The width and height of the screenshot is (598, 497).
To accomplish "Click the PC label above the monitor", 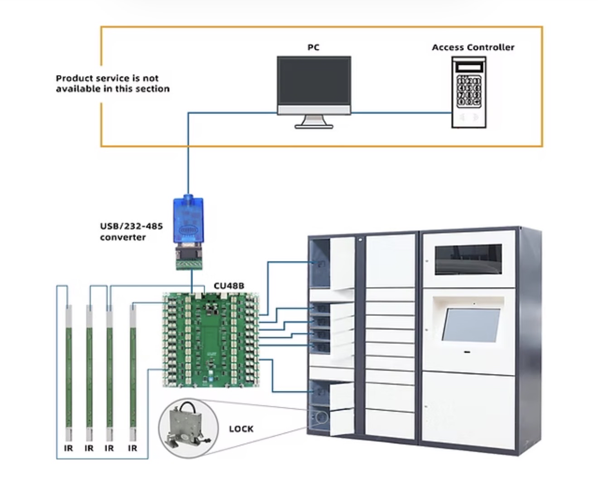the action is point(313,47).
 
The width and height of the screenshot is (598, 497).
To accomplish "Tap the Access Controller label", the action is point(473,47).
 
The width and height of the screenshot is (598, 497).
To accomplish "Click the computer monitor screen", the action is point(314,81).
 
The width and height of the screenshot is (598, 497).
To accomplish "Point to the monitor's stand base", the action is point(314,126).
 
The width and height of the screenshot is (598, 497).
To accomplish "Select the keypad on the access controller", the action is point(468,91).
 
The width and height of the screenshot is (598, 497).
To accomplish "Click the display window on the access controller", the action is point(469,68).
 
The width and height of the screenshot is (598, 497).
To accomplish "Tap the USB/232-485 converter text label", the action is point(131,232).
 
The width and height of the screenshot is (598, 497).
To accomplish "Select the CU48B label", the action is point(229,286).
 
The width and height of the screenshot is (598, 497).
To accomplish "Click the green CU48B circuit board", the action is point(211,340).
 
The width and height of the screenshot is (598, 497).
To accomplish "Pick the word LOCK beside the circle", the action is point(241,429).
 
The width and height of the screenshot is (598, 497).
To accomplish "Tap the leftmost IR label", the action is point(68,449).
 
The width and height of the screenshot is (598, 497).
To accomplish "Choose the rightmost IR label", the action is point(132,449).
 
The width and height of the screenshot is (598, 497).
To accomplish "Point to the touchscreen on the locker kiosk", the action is point(471,325).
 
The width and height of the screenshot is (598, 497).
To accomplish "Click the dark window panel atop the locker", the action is point(468,260).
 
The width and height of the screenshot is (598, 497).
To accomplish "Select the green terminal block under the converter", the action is point(189,265).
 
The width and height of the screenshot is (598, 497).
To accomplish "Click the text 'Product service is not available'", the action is point(112,83).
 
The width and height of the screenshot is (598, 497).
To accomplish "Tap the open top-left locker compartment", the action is point(319,263).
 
